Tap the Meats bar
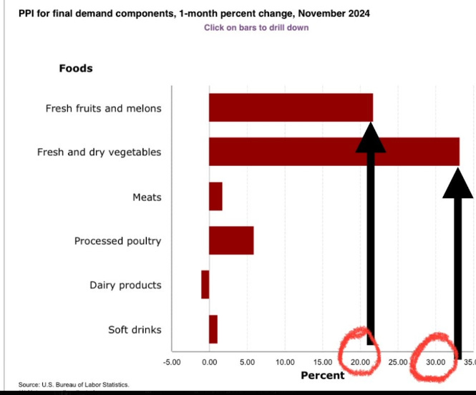[215, 196]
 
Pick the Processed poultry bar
[231, 240]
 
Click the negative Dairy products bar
[205, 285]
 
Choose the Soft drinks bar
[213, 329]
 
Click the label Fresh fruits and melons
[103, 109]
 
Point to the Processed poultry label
[117, 241]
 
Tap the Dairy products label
[125, 286]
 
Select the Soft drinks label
[135, 330]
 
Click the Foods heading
[75, 69]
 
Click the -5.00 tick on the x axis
[172, 362]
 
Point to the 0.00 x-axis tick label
[209, 362]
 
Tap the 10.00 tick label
[285, 362]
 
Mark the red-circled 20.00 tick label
[360, 362]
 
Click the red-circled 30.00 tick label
[435, 362]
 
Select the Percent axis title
[322, 375]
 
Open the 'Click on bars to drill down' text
[256, 28]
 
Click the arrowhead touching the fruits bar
[371, 137]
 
